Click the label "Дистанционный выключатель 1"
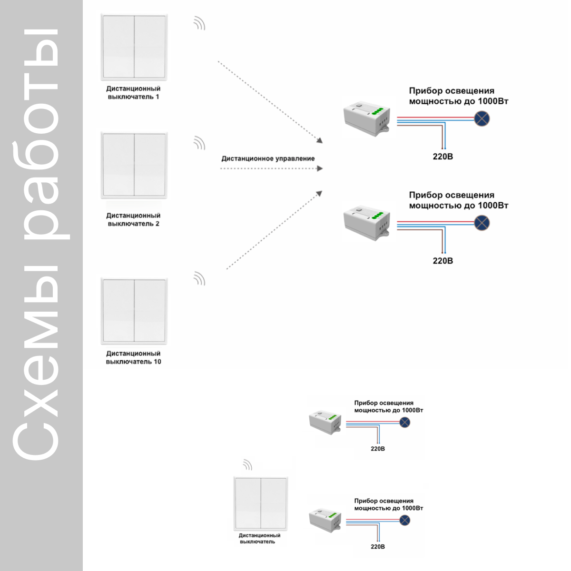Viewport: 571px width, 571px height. point(133,93)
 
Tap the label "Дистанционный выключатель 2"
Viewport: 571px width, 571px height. point(133,219)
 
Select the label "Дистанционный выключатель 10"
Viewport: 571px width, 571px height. point(133,358)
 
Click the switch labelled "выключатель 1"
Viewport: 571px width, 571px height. point(134,47)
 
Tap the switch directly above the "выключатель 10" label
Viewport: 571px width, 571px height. point(134,311)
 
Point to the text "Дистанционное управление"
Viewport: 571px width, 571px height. point(268,158)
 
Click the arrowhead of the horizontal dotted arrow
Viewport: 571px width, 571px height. point(320,168)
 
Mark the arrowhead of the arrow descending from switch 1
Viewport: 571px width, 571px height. point(319,140)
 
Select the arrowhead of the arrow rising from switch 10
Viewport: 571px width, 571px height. point(319,194)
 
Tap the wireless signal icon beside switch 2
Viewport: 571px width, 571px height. point(199,143)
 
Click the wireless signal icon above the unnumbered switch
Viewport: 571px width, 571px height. point(247,465)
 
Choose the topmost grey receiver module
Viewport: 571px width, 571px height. point(366,119)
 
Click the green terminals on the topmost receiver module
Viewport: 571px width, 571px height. point(377,111)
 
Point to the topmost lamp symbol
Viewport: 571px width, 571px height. point(482,118)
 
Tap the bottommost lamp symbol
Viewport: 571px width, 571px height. point(405,520)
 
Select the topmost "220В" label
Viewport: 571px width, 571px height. point(443,157)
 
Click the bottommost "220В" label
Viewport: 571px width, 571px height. point(378,547)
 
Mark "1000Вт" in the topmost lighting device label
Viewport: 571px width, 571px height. point(493,101)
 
